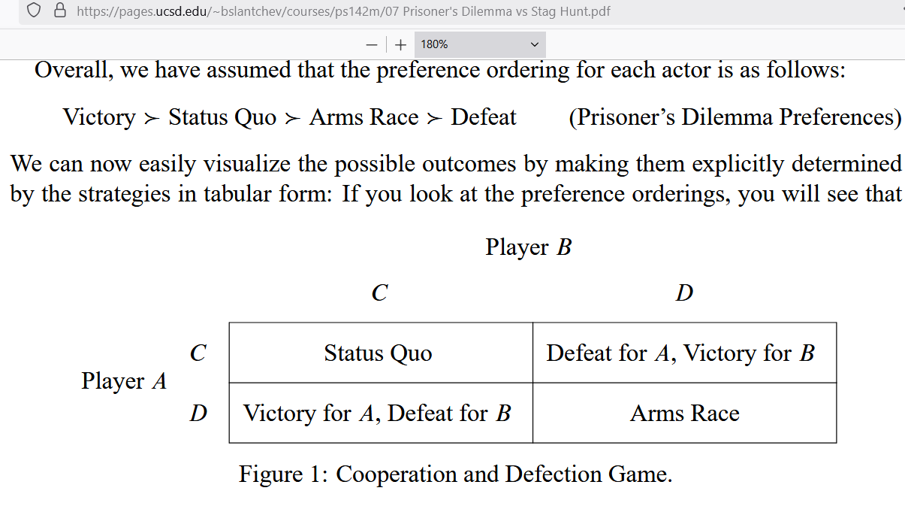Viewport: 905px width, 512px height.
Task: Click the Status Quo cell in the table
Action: click(378, 353)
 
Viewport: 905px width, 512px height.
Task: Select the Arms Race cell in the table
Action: click(684, 414)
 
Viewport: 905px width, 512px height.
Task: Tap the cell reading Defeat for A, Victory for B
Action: click(680, 353)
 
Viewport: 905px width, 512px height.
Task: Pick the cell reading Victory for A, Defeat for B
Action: click(377, 414)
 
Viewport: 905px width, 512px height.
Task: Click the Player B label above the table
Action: click(528, 247)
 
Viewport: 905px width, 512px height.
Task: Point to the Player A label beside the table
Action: click(124, 381)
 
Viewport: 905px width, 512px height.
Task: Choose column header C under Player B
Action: click(379, 292)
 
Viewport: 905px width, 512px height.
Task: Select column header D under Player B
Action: click(683, 292)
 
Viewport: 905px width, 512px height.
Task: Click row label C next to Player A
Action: click(198, 353)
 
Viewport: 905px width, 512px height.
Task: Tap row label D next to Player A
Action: click(198, 414)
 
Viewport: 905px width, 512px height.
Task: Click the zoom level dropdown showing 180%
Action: click(479, 44)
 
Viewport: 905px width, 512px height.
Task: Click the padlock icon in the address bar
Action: click(61, 11)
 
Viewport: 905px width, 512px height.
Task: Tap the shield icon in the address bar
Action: click(33, 11)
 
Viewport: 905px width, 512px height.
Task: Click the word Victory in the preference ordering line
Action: click(98, 117)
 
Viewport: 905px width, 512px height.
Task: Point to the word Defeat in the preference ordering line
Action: click(483, 117)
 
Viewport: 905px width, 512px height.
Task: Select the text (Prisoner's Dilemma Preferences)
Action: click(735, 117)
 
